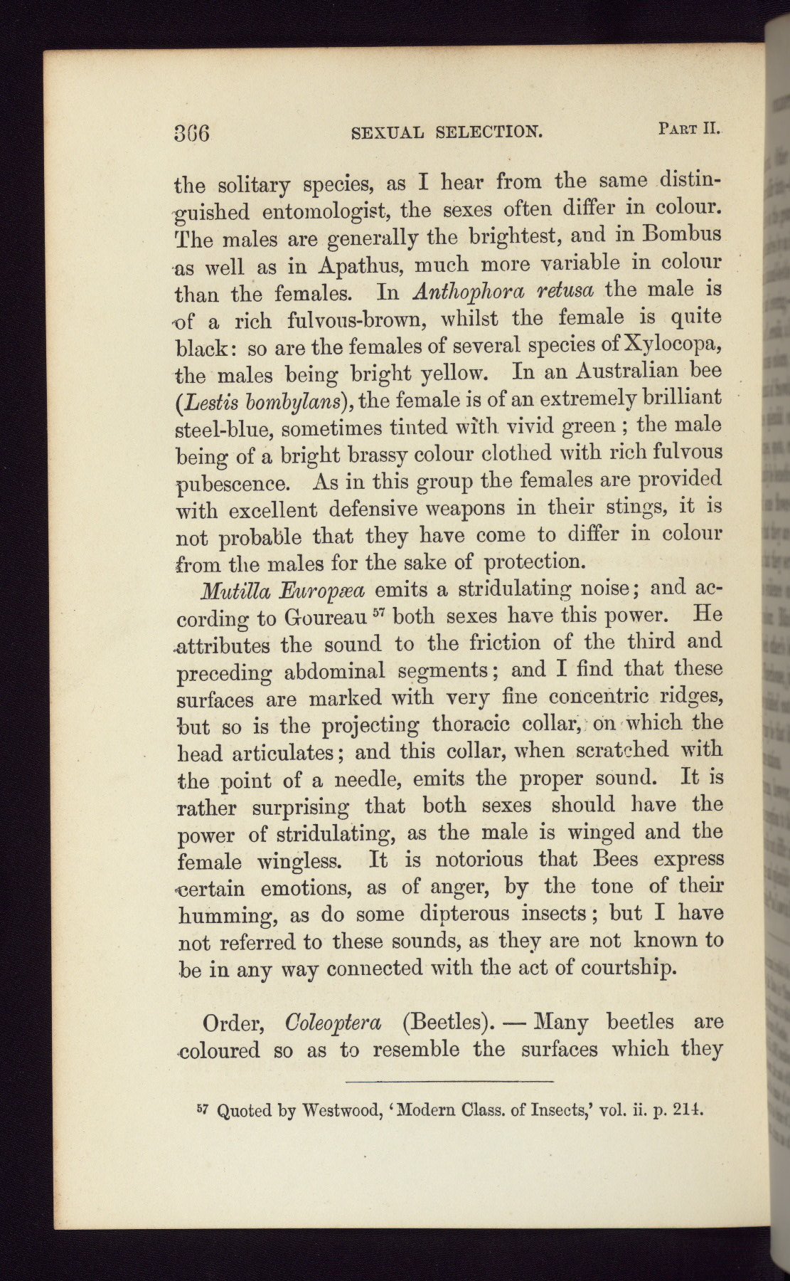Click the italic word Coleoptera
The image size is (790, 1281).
coord(333,1023)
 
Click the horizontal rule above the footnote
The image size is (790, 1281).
coord(449,1082)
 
